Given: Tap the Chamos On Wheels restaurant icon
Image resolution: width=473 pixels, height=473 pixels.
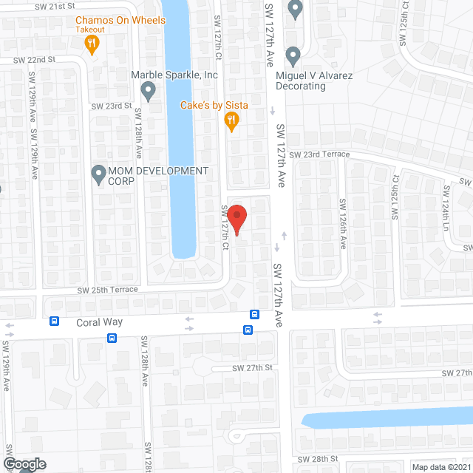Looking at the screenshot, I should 92,45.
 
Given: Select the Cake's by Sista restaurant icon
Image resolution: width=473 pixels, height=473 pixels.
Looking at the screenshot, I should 231,120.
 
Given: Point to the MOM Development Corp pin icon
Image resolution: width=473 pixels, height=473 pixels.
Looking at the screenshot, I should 98,174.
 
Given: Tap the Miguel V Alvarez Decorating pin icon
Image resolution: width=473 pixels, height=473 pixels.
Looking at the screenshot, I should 293,55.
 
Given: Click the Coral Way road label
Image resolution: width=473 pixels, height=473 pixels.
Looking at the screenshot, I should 98,322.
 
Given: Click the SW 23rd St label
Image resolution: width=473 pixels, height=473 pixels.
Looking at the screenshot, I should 111,106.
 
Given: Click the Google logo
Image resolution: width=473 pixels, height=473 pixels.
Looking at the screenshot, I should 24,463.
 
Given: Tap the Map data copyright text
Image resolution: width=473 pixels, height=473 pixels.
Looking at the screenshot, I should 441,467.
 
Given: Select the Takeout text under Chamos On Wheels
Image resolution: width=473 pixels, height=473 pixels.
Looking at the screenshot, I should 90,30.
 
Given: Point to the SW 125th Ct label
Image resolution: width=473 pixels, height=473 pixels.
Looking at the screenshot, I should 395,198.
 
